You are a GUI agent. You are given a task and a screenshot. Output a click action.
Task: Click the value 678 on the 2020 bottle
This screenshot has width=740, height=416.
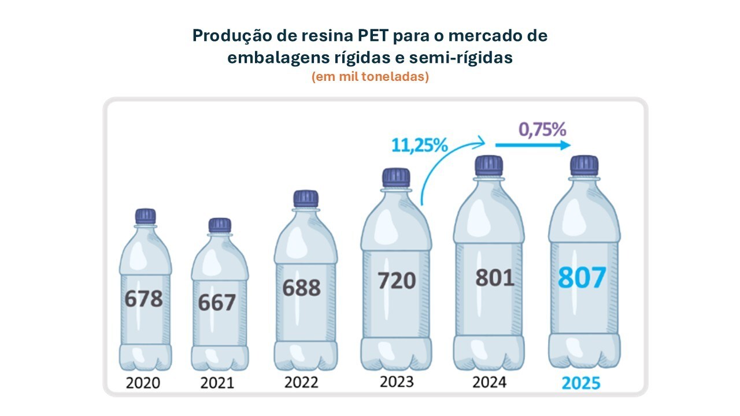(x=144, y=299)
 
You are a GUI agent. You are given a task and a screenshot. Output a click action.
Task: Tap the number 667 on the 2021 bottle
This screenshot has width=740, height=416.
(x=217, y=302)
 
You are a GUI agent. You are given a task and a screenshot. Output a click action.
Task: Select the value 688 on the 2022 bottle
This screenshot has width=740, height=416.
(x=301, y=288)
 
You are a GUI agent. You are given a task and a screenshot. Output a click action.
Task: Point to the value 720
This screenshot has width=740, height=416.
(x=397, y=281)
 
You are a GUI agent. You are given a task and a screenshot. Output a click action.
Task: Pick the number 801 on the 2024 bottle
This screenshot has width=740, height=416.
(x=494, y=278)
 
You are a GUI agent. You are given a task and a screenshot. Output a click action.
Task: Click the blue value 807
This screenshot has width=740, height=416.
(x=582, y=278)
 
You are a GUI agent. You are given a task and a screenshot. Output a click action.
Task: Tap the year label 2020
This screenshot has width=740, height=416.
(x=143, y=383)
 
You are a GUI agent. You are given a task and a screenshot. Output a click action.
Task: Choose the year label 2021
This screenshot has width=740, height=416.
(x=217, y=383)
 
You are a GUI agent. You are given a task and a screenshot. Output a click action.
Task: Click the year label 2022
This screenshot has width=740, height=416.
(x=301, y=382)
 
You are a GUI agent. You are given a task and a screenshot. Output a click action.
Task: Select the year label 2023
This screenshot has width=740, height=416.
(x=397, y=382)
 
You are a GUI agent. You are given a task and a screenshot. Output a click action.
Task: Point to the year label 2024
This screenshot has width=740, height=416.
(x=489, y=382)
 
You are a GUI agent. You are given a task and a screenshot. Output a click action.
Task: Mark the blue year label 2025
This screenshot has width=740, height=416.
(x=581, y=383)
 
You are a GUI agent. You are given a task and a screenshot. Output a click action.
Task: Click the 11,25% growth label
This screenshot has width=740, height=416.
(x=420, y=145)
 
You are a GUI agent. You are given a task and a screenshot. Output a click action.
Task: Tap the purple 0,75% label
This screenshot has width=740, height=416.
(x=542, y=129)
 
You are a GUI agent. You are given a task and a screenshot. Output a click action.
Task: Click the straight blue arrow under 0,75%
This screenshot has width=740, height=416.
(x=533, y=145)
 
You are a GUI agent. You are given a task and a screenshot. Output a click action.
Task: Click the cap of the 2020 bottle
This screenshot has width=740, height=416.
(x=145, y=216)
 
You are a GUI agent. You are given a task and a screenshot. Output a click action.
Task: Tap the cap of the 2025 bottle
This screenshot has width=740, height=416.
(x=584, y=165)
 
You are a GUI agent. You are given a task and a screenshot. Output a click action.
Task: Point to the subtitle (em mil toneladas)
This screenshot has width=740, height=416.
(x=371, y=77)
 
